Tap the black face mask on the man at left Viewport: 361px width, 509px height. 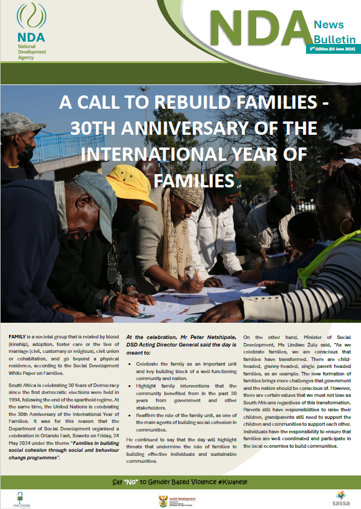(24, 152)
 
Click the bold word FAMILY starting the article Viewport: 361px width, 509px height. (17, 337)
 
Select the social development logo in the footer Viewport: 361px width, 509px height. (176, 499)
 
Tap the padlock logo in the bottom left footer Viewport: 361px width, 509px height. (19, 496)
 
